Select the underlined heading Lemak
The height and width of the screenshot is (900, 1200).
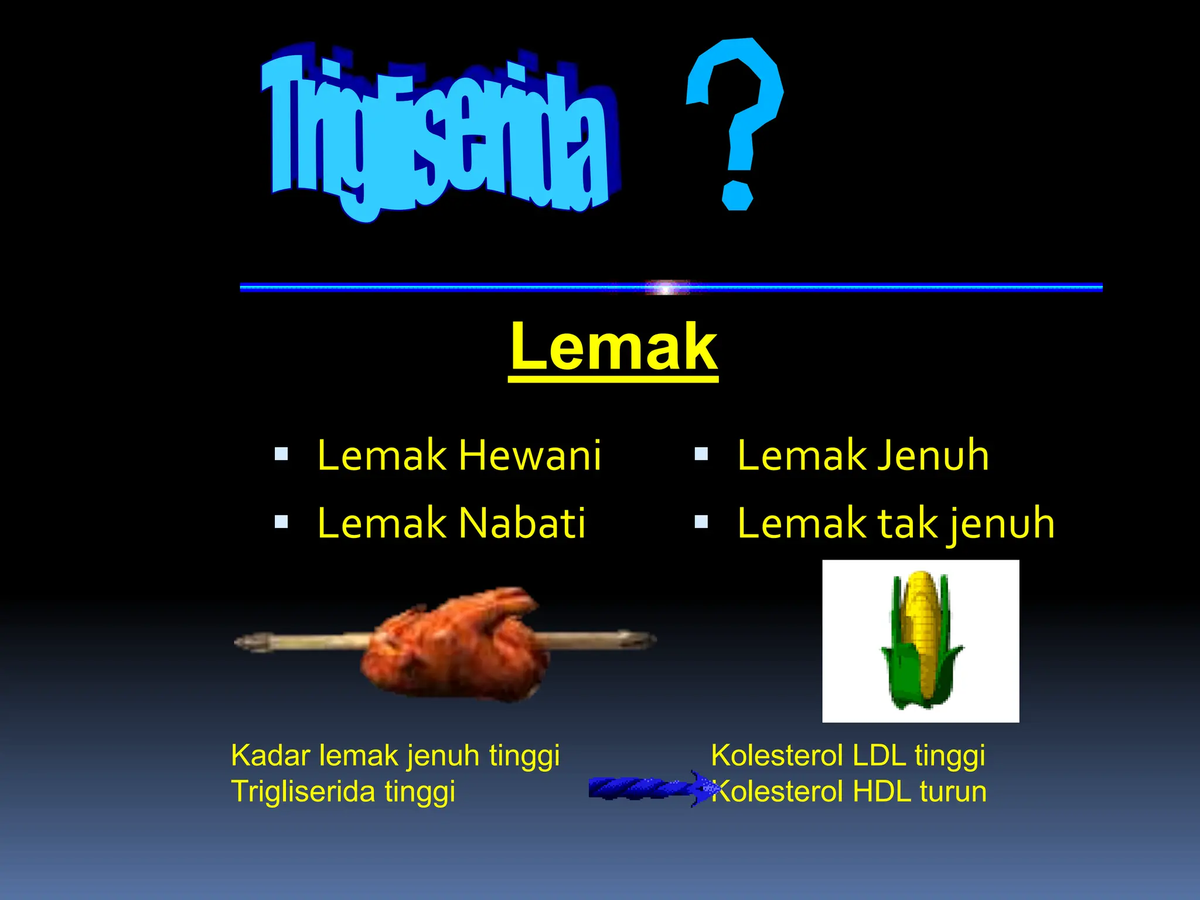(613, 348)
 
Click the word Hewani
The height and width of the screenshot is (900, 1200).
(530, 455)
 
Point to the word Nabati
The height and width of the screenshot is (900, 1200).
(521, 523)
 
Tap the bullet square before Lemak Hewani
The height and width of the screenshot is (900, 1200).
(281, 454)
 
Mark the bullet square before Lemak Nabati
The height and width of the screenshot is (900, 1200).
(281, 521)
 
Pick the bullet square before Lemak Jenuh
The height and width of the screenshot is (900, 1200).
(701, 454)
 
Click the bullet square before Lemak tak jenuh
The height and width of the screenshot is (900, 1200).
(701, 521)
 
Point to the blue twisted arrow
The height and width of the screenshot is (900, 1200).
(650, 788)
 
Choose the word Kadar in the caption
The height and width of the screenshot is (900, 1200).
(270, 755)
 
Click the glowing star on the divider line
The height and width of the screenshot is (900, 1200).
(666, 288)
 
